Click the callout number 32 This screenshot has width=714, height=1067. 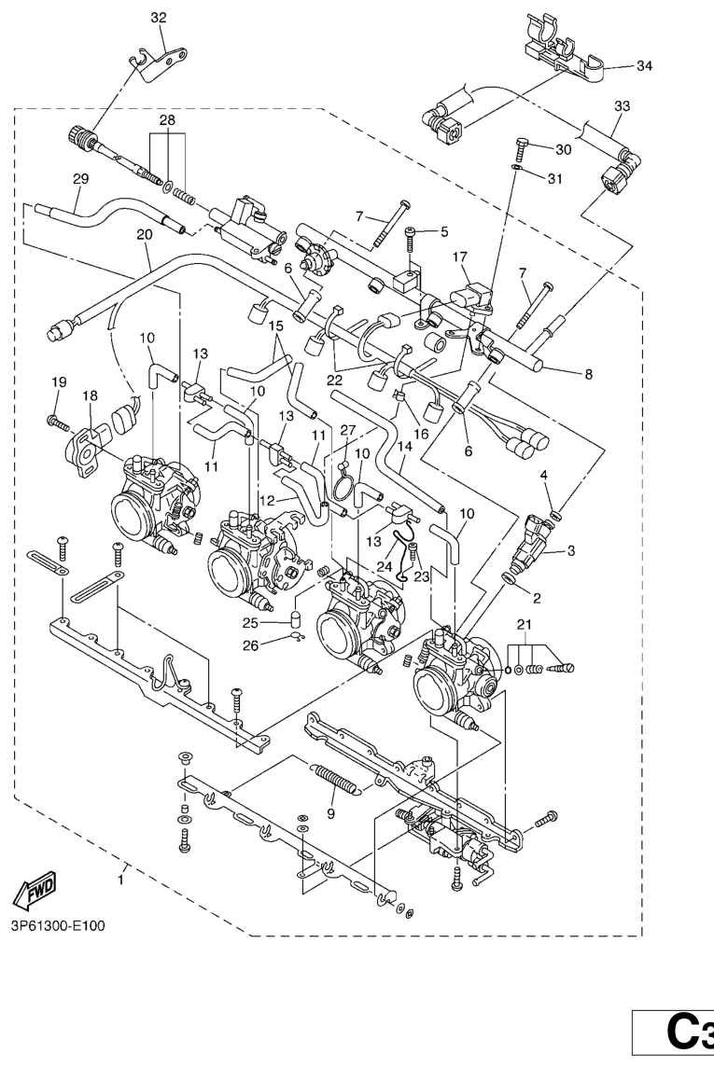[159, 17]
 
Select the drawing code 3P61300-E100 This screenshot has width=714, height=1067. [59, 926]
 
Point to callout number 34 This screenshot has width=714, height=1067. [645, 66]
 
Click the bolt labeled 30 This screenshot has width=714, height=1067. [521, 149]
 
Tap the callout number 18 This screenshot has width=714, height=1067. [90, 395]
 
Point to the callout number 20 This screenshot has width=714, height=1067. [144, 235]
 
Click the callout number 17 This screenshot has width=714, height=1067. [459, 256]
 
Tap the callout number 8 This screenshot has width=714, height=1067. [588, 375]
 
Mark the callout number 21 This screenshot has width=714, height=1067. [525, 623]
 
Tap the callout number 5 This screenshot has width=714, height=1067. [444, 231]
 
